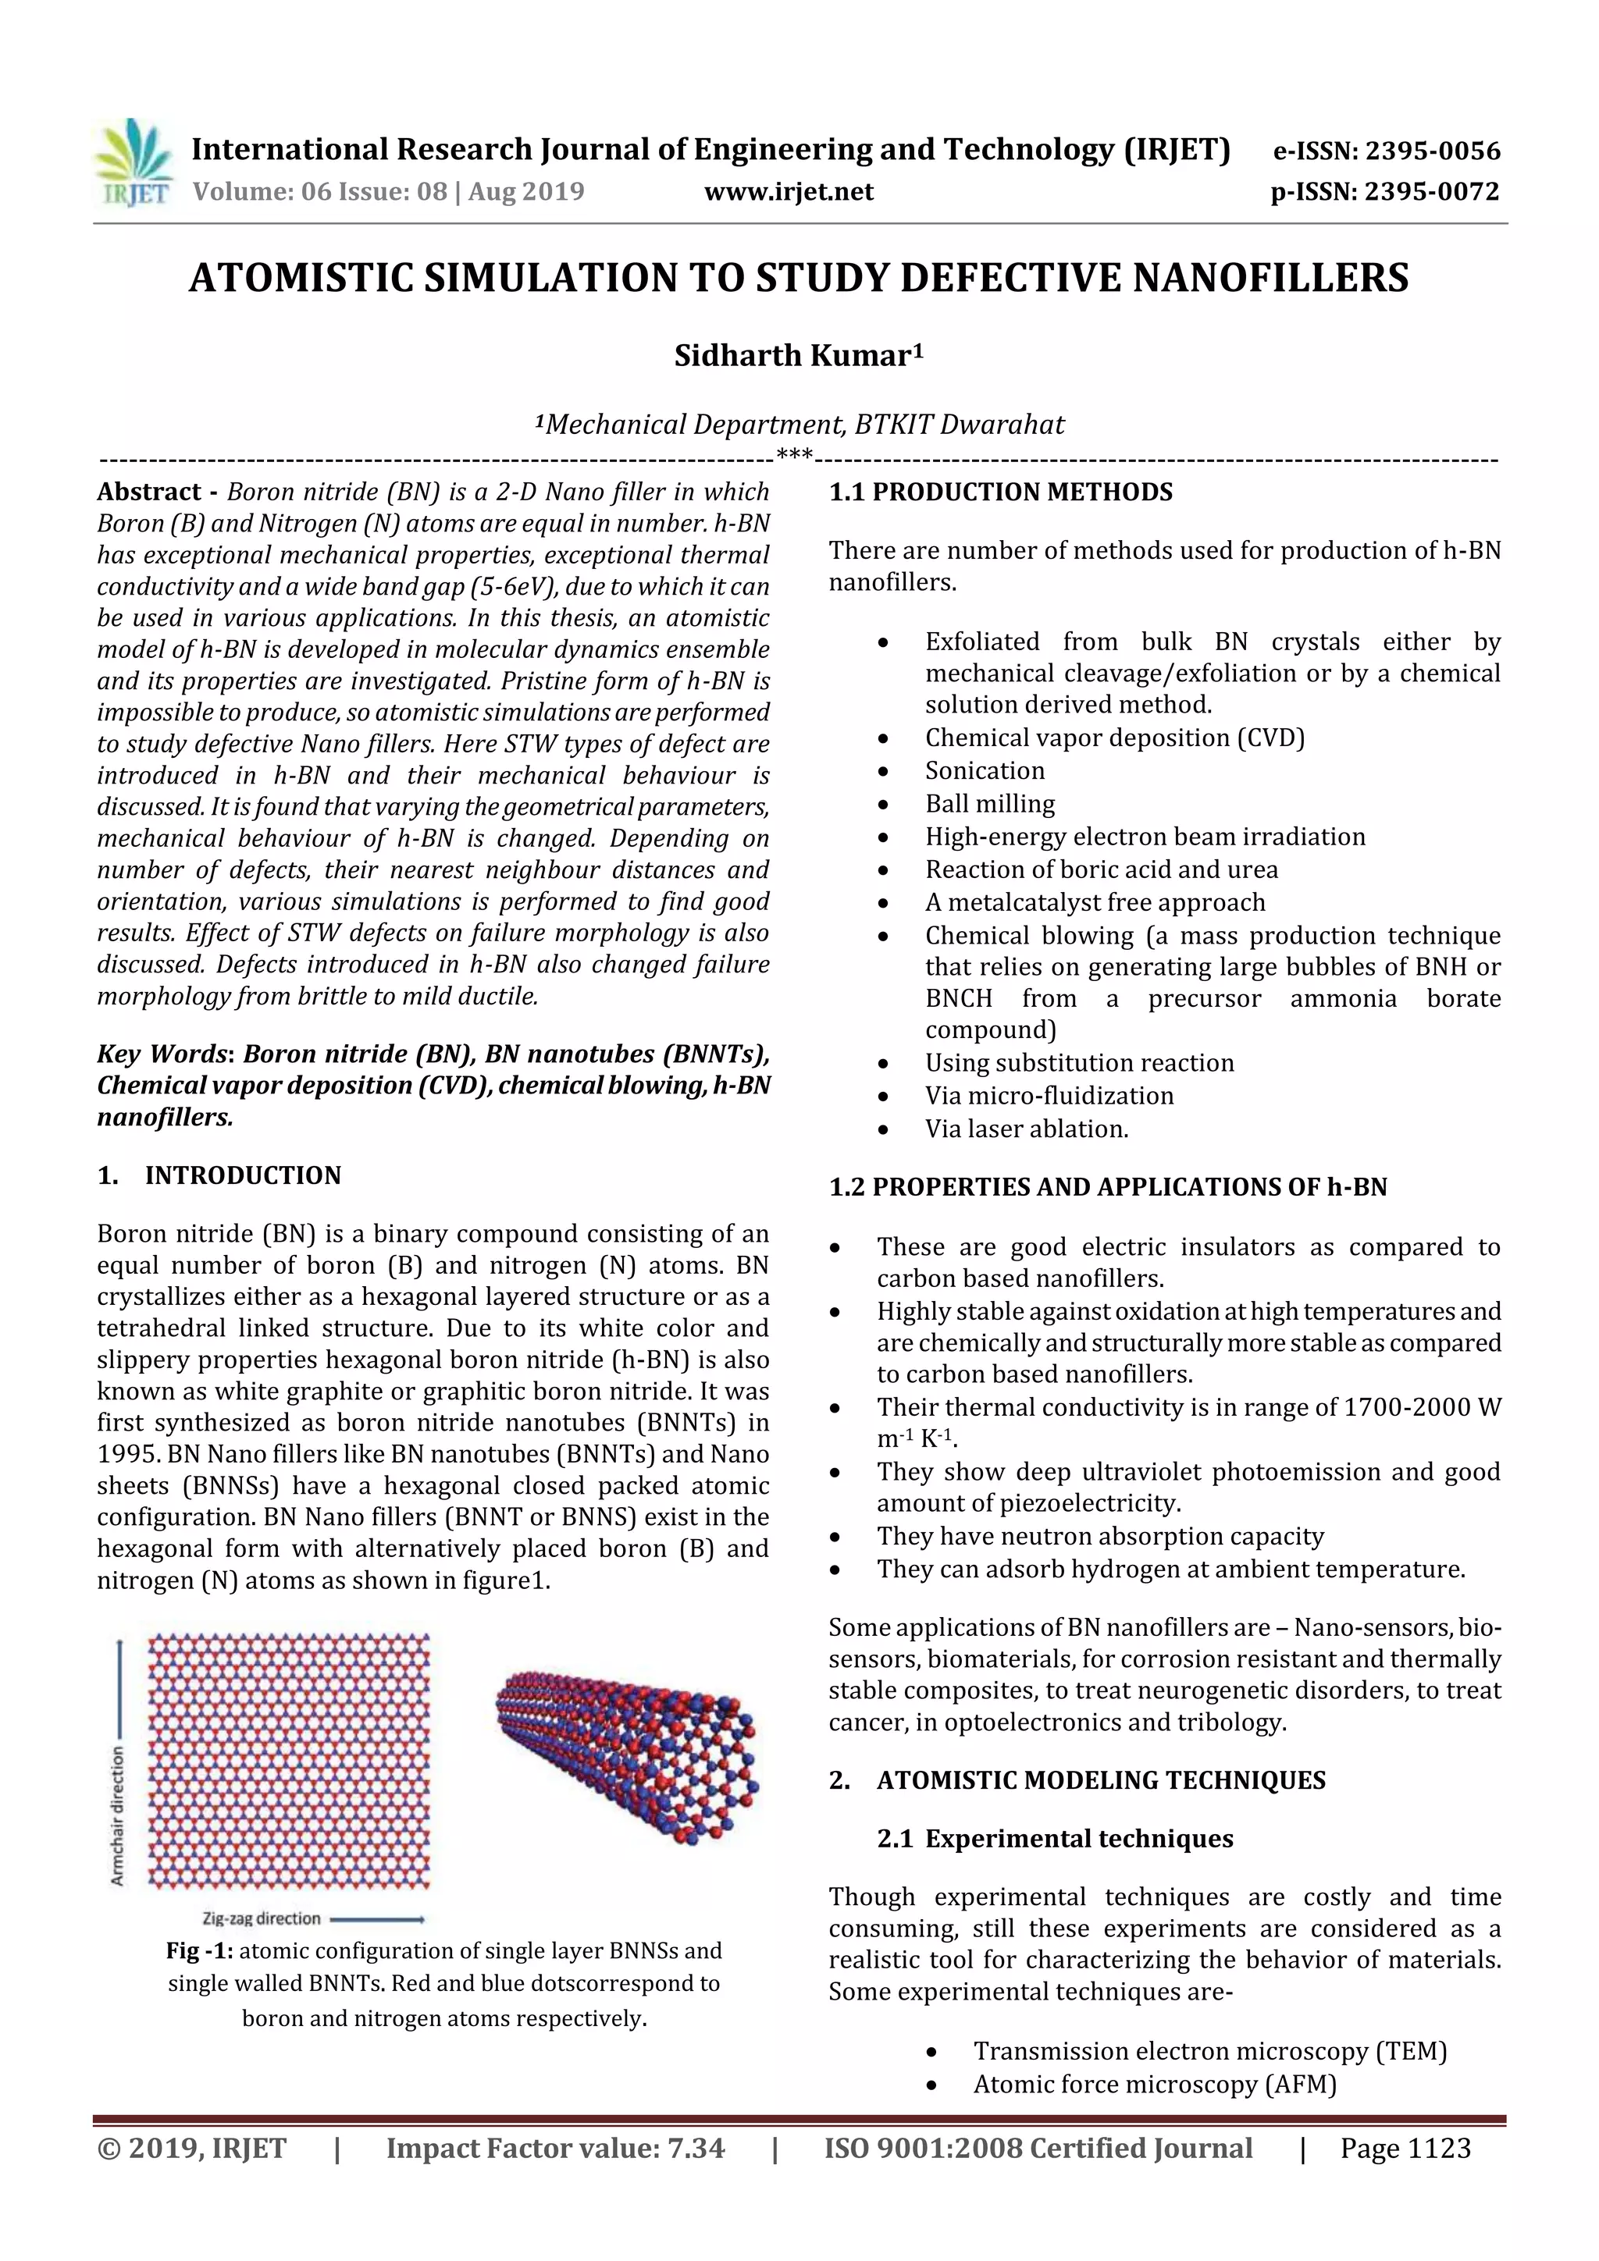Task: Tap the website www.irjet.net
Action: click(788, 191)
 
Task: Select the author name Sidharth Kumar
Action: click(798, 355)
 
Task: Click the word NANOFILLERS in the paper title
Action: click(1270, 278)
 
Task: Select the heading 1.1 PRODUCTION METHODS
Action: click(1000, 492)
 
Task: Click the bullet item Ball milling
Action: click(989, 804)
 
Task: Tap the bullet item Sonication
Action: click(985, 770)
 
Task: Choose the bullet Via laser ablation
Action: click(1026, 1129)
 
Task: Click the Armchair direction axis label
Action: click(118, 1817)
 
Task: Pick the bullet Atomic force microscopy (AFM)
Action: click(1154, 2085)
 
